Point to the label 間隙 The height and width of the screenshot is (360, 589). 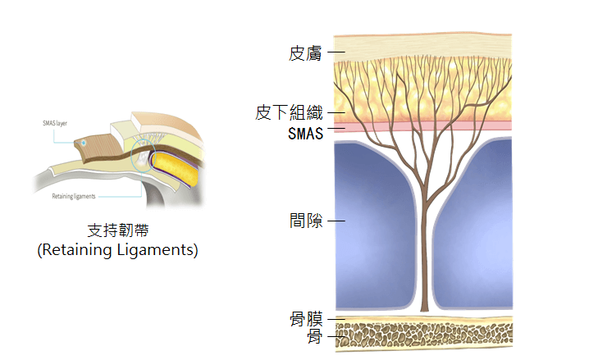pyautogui.click(x=307, y=221)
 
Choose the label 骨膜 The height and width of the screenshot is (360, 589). pyautogui.click(x=307, y=318)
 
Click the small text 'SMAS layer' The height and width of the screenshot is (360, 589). pyautogui.click(x=55, y=123)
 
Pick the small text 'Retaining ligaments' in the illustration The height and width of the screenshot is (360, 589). pyautogui.click(x=73, y=197)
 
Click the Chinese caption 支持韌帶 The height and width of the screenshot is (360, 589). pyautogui.click(x=117, y=230)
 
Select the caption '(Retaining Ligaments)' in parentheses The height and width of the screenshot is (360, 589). pyautogui.click(x=117, y=250)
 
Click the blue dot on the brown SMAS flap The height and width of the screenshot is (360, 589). pyautogui.click(x=83, y=143)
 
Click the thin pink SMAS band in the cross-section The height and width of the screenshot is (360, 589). pyautogui.click(x=422, y=127)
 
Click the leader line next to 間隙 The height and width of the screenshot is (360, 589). pyautogui.click(x=336, y=221)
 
